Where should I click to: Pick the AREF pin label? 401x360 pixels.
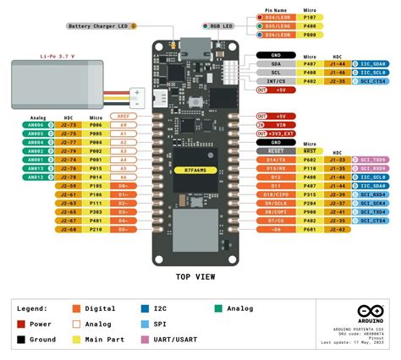(x=123, y=115)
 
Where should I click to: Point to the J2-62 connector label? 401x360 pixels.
(x=338, y=228)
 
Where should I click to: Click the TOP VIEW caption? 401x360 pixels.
(x=195, y=276)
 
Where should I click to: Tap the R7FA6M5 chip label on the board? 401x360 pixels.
(x=195, y=171)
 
